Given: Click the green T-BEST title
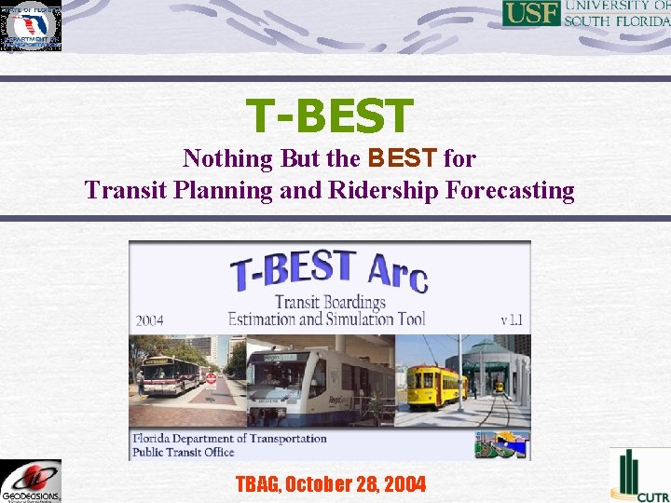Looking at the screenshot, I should click(x=329, y=116).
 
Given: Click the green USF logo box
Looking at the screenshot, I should click(x=531, y=13).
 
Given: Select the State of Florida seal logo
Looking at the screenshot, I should click(x=32, y=26).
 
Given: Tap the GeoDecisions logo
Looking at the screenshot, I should click(x=31, y=481).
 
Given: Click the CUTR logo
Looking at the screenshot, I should click(x=639, y=476).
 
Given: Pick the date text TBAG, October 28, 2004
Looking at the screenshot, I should click(x=331, y=484).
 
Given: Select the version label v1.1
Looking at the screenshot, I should click(x=511, y=319).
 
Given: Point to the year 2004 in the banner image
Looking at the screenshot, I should click(x=149, y=320).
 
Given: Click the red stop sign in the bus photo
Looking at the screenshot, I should click(x=211, y=378).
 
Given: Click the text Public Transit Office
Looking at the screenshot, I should click(x=184, y=452).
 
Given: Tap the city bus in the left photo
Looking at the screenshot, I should click(x=171, y=374).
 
